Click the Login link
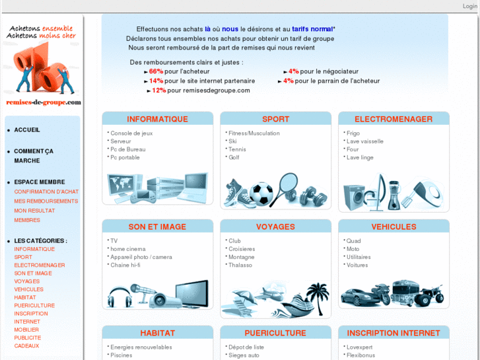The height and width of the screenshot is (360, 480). pos(469,6)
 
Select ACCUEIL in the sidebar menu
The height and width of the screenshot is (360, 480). pos(27,130)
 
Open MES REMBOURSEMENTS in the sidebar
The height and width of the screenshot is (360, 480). pos(46,201)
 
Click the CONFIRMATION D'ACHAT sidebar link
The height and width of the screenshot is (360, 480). pos(46,192)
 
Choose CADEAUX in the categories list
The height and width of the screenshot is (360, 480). pos(26,345)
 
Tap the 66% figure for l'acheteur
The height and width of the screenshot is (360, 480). pos(156,71)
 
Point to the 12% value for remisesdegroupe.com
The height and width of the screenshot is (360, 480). pos(159,90)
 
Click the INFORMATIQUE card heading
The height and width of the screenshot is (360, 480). pos(157,119)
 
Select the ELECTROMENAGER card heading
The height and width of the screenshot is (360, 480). pos(394,119)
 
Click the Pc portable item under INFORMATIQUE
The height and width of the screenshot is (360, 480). pos(125,157)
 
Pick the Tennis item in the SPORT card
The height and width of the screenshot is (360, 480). pos(237,149)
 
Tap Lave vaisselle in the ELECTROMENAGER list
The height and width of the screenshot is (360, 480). pos(365,141)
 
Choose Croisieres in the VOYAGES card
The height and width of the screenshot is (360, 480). pos(242,249)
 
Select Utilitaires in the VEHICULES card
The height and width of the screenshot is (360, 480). pos(359,257)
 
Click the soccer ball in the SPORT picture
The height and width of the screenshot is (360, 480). pos(261,194)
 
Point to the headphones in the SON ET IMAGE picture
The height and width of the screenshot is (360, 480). pos(120,297)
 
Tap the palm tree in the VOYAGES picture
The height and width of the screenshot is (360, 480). pos(318,298)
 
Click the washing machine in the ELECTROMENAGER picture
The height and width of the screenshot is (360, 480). pos(354,197)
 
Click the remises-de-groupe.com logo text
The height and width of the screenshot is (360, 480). pos(44,102)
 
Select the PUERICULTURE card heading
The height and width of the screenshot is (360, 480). pos(275,333)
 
